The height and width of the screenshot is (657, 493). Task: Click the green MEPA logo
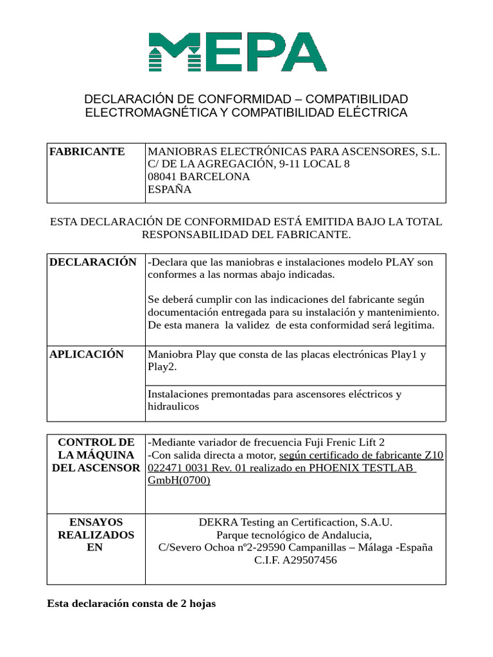[238, 52]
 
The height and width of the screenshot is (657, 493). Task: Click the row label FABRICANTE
[87, 151]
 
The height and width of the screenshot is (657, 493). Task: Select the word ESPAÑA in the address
[169, 189]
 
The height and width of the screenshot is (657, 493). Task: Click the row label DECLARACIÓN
[93, 262]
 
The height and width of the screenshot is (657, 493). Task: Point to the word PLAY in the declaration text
[400, 262]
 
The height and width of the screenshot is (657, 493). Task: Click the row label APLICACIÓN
[87, 354]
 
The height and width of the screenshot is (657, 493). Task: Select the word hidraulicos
[173, 407]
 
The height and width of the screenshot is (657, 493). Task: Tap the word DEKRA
[216, 522]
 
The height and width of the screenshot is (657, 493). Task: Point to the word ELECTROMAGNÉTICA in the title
[151, 113]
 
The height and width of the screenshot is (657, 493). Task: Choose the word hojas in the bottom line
[201, 604]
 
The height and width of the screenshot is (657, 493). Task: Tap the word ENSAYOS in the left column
[96, 522]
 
